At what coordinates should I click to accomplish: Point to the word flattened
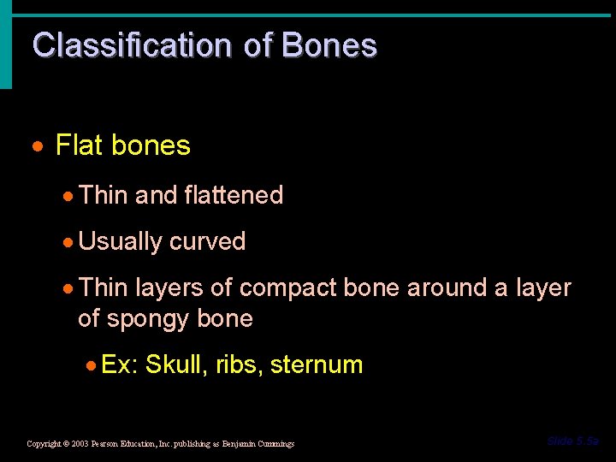233,195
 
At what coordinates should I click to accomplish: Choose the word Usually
120,242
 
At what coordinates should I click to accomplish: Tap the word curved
207,242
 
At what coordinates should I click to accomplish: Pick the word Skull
174,365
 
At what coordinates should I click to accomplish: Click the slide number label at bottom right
573,441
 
